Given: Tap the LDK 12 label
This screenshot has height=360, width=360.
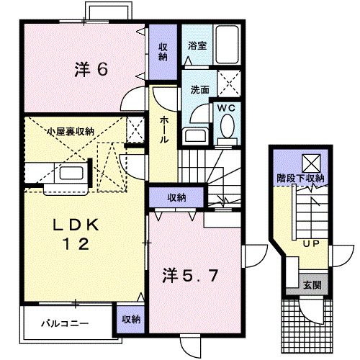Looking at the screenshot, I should pos(73,235).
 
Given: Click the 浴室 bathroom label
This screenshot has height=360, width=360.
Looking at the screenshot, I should pos(197,45).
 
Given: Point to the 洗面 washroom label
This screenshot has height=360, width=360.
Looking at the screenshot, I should pos(199,91).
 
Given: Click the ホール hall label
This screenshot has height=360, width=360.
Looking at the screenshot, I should pos(164,130).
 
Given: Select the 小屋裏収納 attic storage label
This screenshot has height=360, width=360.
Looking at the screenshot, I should pos(70,131).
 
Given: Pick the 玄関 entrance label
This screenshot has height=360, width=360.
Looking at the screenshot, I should pos(310,284).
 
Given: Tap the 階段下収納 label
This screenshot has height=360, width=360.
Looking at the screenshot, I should pos(300,178).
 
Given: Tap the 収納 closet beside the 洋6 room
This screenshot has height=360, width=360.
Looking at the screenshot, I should pos(163,50).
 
